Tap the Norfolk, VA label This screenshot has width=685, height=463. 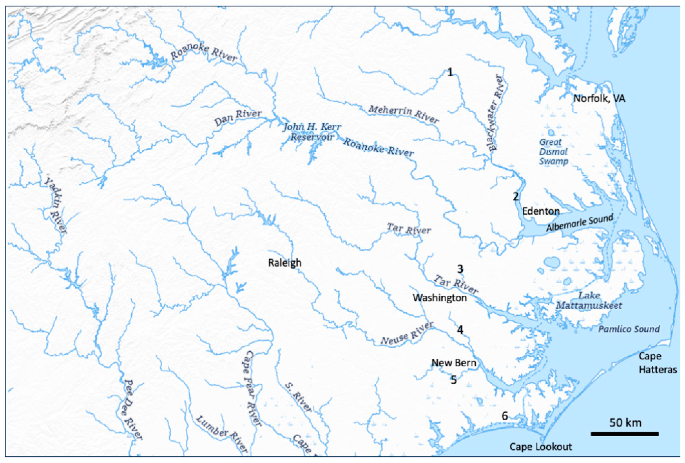(599, 98)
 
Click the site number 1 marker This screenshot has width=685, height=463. (450, 72)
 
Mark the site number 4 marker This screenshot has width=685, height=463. (460, 329)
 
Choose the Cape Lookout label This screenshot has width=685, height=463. (541, 446)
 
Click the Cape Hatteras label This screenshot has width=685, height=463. (657, 363)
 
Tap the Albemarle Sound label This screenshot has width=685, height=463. (579, 223)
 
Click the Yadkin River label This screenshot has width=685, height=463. (55, 206)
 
